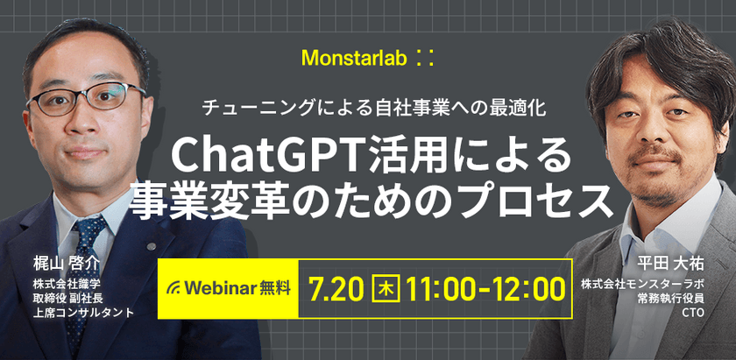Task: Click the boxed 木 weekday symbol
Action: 383,287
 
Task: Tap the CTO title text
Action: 692,311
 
